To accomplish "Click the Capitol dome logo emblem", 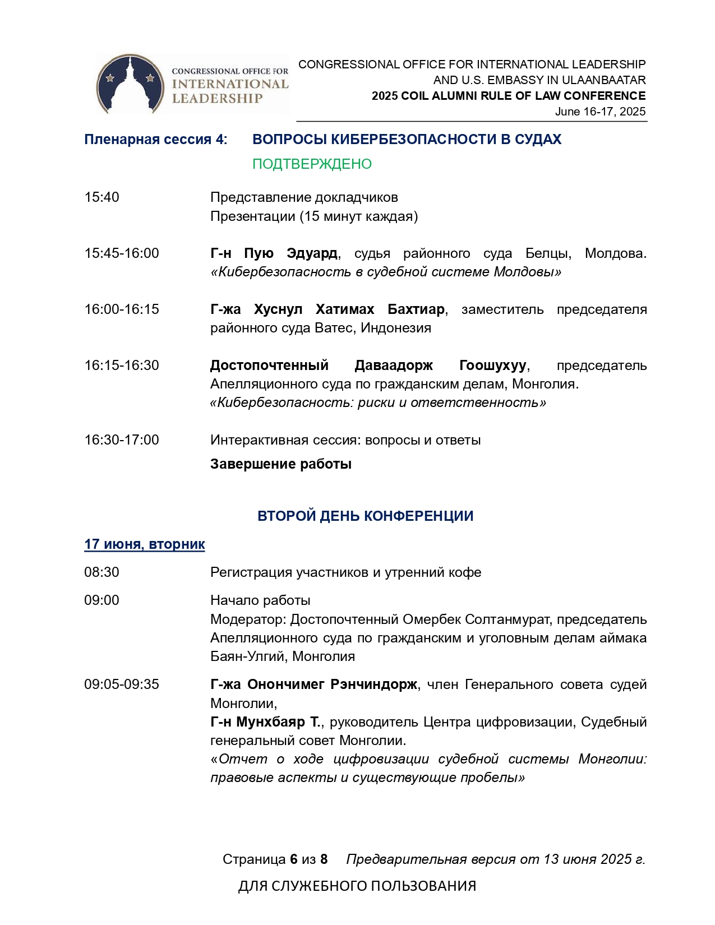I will [130, 84].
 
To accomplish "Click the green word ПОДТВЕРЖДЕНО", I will [312, 164].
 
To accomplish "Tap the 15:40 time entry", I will [102, 197].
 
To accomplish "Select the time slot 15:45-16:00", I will [122, 253].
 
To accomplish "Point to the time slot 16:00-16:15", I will [122, 309].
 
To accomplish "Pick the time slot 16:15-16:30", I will [122, 366].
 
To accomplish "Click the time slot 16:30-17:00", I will [122, 440].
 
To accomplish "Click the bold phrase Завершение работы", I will [281, 464].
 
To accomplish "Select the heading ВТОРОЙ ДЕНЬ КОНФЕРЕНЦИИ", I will [365, 516].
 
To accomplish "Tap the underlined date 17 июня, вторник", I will [145, 544].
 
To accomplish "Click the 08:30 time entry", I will [102, 572].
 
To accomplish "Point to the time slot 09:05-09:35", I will [122, 684].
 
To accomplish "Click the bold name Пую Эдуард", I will [290, 253].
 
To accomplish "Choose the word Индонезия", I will [396, 328].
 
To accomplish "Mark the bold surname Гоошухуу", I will [492, 366].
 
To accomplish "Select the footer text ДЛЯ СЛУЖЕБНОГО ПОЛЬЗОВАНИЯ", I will [357, 886].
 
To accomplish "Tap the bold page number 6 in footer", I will [294, 859].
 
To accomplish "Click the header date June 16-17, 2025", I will [600, 112].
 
